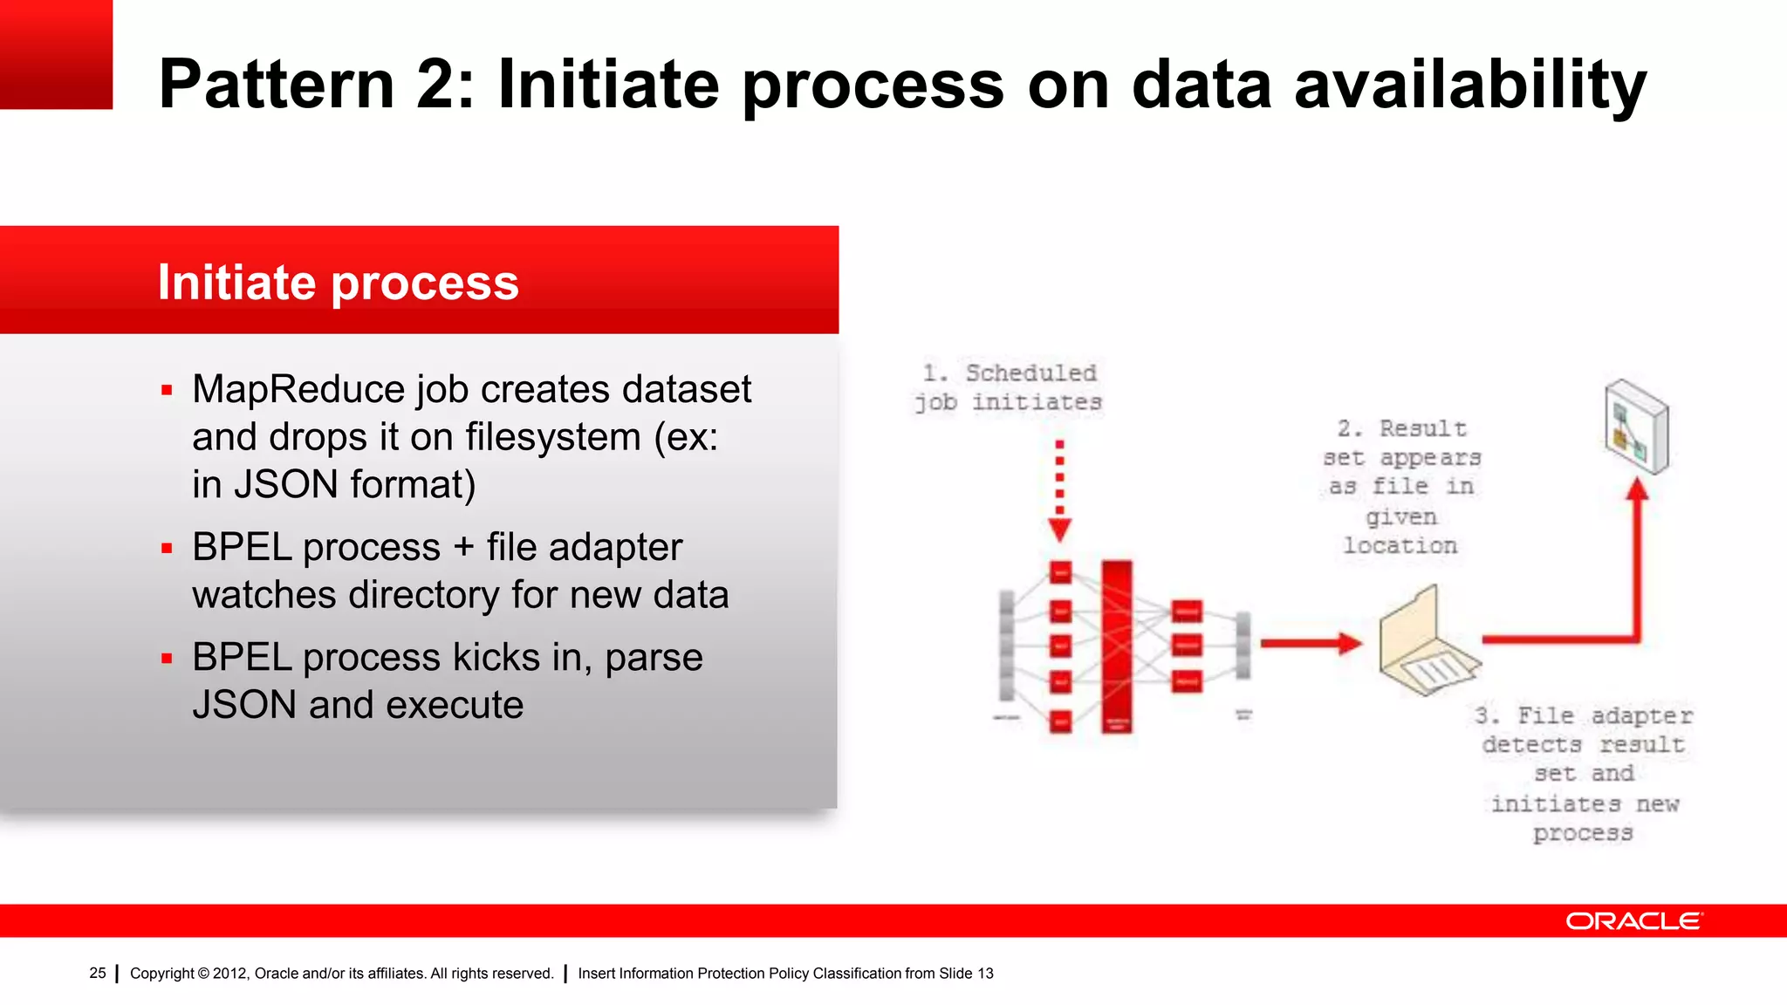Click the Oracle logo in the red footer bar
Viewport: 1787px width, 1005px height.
pos(1633,921)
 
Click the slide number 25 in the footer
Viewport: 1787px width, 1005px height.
pos(97,973)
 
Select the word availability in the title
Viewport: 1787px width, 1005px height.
pos(1469,85)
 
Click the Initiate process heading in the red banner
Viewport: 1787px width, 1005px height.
pos(338,283)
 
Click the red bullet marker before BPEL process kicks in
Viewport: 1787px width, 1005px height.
pos(167,659)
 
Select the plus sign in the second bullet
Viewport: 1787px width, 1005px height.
pos(463,548)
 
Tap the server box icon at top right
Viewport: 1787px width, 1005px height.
pos(1636,427)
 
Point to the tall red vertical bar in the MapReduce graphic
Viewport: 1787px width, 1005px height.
pos(1116,646)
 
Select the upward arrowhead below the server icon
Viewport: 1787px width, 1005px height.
pos(1637,490)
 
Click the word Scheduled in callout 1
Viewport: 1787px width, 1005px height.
pos(1030,373)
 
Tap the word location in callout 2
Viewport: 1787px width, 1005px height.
pos(1400,546)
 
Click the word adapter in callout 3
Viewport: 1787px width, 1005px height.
pos(1641,716)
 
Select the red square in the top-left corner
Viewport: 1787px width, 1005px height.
pos(56,54)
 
